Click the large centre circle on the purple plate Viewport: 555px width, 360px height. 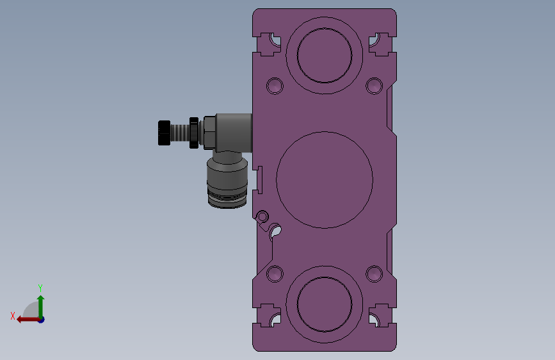(277, 180)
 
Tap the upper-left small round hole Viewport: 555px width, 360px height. (275, 86)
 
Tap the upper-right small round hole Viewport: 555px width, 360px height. (374, 86)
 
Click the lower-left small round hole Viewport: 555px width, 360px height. (275, 274)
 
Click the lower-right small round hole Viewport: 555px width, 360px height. (374, 274)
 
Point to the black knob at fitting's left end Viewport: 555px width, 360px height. (164, 133)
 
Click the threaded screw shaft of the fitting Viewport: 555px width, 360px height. (180, 133)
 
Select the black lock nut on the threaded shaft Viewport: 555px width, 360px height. (194, 133)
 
